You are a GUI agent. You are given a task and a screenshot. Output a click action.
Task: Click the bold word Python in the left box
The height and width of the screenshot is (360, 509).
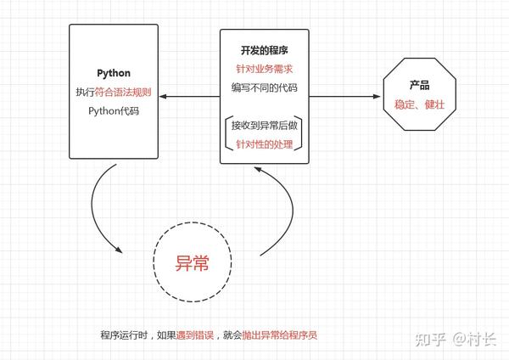click(x=114, y=73)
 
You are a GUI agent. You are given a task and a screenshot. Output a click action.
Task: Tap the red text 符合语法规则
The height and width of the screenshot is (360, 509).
click(x=123, y=93)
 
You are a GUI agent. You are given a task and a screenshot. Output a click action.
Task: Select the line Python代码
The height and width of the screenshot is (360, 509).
click(x=114, y=111)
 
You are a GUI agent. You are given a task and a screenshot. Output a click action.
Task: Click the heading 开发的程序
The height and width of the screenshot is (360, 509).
click(x=264, y=50)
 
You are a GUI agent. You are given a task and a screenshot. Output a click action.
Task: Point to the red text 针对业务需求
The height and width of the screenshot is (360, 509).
click(x=264, y=69)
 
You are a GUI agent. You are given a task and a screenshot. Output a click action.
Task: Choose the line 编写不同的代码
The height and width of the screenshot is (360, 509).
click(x=264, y=87)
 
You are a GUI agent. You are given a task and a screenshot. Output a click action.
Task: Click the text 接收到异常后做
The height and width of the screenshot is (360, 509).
click(x=264, y=126)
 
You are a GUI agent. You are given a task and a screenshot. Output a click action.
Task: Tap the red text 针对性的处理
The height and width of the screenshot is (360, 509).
click(x=264, y=144)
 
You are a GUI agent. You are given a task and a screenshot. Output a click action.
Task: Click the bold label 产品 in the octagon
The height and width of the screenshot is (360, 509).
click(x=419, y=86)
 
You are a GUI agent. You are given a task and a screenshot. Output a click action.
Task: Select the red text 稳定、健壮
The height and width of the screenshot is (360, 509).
click(x=419, y=104)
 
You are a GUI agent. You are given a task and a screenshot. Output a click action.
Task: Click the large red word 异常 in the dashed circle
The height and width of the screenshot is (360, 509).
click(x=193, y=263)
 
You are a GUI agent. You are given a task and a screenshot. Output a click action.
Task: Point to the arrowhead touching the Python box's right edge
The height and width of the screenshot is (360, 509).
click(x=163, y=97)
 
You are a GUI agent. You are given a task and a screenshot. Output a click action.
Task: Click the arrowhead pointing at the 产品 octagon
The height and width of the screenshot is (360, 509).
click(x=377, y=97)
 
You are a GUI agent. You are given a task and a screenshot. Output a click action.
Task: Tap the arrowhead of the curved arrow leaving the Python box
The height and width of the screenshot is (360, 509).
click(x=119, y=250)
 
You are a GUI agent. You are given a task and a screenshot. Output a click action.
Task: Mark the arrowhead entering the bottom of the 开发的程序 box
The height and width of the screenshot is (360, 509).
click(x=258, y=170)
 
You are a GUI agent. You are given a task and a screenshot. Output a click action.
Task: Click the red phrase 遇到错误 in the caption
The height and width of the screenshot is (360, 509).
click(x=195, y=335)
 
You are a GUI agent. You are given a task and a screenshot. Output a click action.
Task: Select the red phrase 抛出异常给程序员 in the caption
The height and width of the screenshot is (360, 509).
click(x=280, y=335)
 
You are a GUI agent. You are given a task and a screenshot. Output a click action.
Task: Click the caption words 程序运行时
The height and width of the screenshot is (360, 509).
click(x=124, y=335)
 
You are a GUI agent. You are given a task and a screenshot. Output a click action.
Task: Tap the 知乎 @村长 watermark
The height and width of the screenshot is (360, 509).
click(x=456, y=340)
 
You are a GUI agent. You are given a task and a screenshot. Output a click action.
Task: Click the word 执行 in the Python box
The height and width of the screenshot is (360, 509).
click(x=85, y=93)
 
